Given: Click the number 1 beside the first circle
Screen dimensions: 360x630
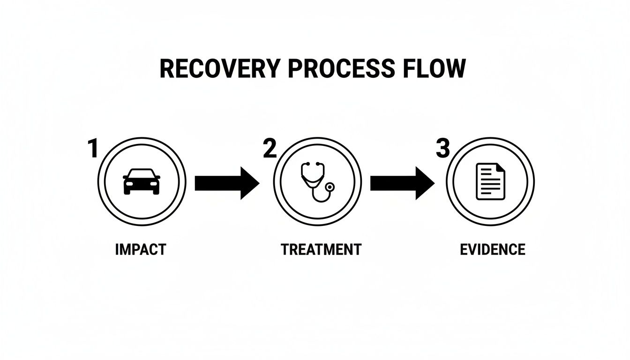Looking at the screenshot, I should [93, 149].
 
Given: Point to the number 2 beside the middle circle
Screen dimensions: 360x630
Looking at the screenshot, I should [270, 149].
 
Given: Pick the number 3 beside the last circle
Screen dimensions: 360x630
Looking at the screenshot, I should [442, 149].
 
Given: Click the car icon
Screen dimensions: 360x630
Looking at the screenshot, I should [142, 182].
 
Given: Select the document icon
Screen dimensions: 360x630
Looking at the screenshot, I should [490, 182].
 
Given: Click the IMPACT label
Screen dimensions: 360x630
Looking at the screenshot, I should [141, 249].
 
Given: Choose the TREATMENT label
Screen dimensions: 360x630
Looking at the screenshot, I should [321, 249].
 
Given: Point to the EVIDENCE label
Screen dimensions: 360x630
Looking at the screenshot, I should [493, 249].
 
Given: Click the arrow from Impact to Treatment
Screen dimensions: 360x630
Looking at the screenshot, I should [226, 183].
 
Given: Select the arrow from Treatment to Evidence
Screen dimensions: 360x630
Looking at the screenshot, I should [402, 183].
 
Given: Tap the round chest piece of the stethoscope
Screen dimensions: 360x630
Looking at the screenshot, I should [331, 187].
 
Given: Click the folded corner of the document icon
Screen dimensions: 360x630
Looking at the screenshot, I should [501, 167].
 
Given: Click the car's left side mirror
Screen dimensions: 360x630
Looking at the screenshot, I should [125, 177].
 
